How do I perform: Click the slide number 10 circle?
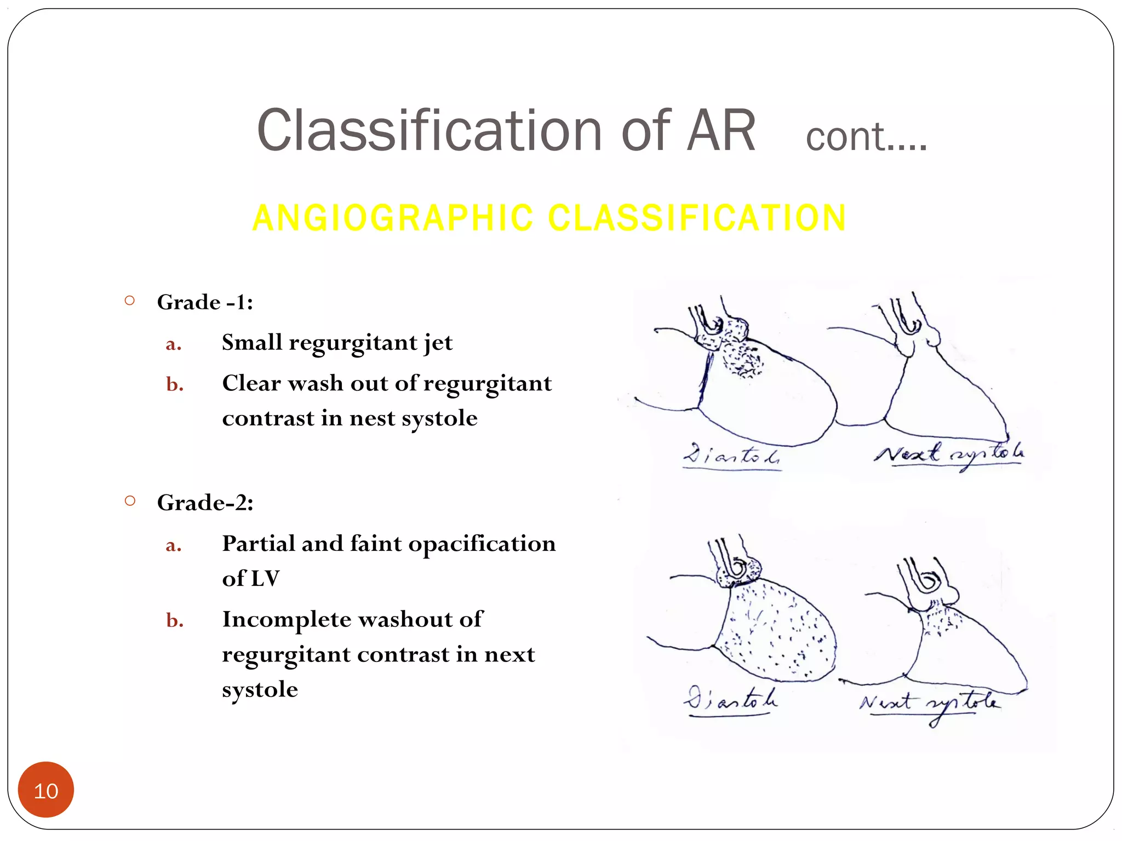[x=46, y=790]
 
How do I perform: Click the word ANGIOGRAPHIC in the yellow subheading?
[x=392, y=218]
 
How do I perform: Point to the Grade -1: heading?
[x=205, y=302]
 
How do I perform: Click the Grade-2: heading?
[x=205, y=503]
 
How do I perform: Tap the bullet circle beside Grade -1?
[x=130, y=300]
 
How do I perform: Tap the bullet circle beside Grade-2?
[x=130, y=500]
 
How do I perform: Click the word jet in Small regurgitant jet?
[x=438, y=343]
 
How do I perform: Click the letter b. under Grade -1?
[x=175, y=384]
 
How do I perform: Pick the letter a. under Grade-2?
[x=174, y=545]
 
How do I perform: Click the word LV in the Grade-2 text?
[x=265, y=579]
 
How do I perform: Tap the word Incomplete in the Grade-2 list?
[x=287, y=619]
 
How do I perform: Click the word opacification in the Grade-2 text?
[x=482, y=544]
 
